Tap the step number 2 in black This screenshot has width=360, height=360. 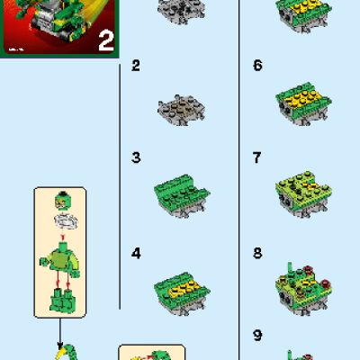pos(136,66)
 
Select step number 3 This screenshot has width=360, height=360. pos(136,158)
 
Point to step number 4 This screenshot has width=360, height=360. pos(136,254)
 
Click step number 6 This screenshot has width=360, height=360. pos(257,66)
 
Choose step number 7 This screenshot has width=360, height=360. pos(257,158)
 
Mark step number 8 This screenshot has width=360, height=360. pos(257,254)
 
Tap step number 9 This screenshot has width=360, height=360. pos(257,336)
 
